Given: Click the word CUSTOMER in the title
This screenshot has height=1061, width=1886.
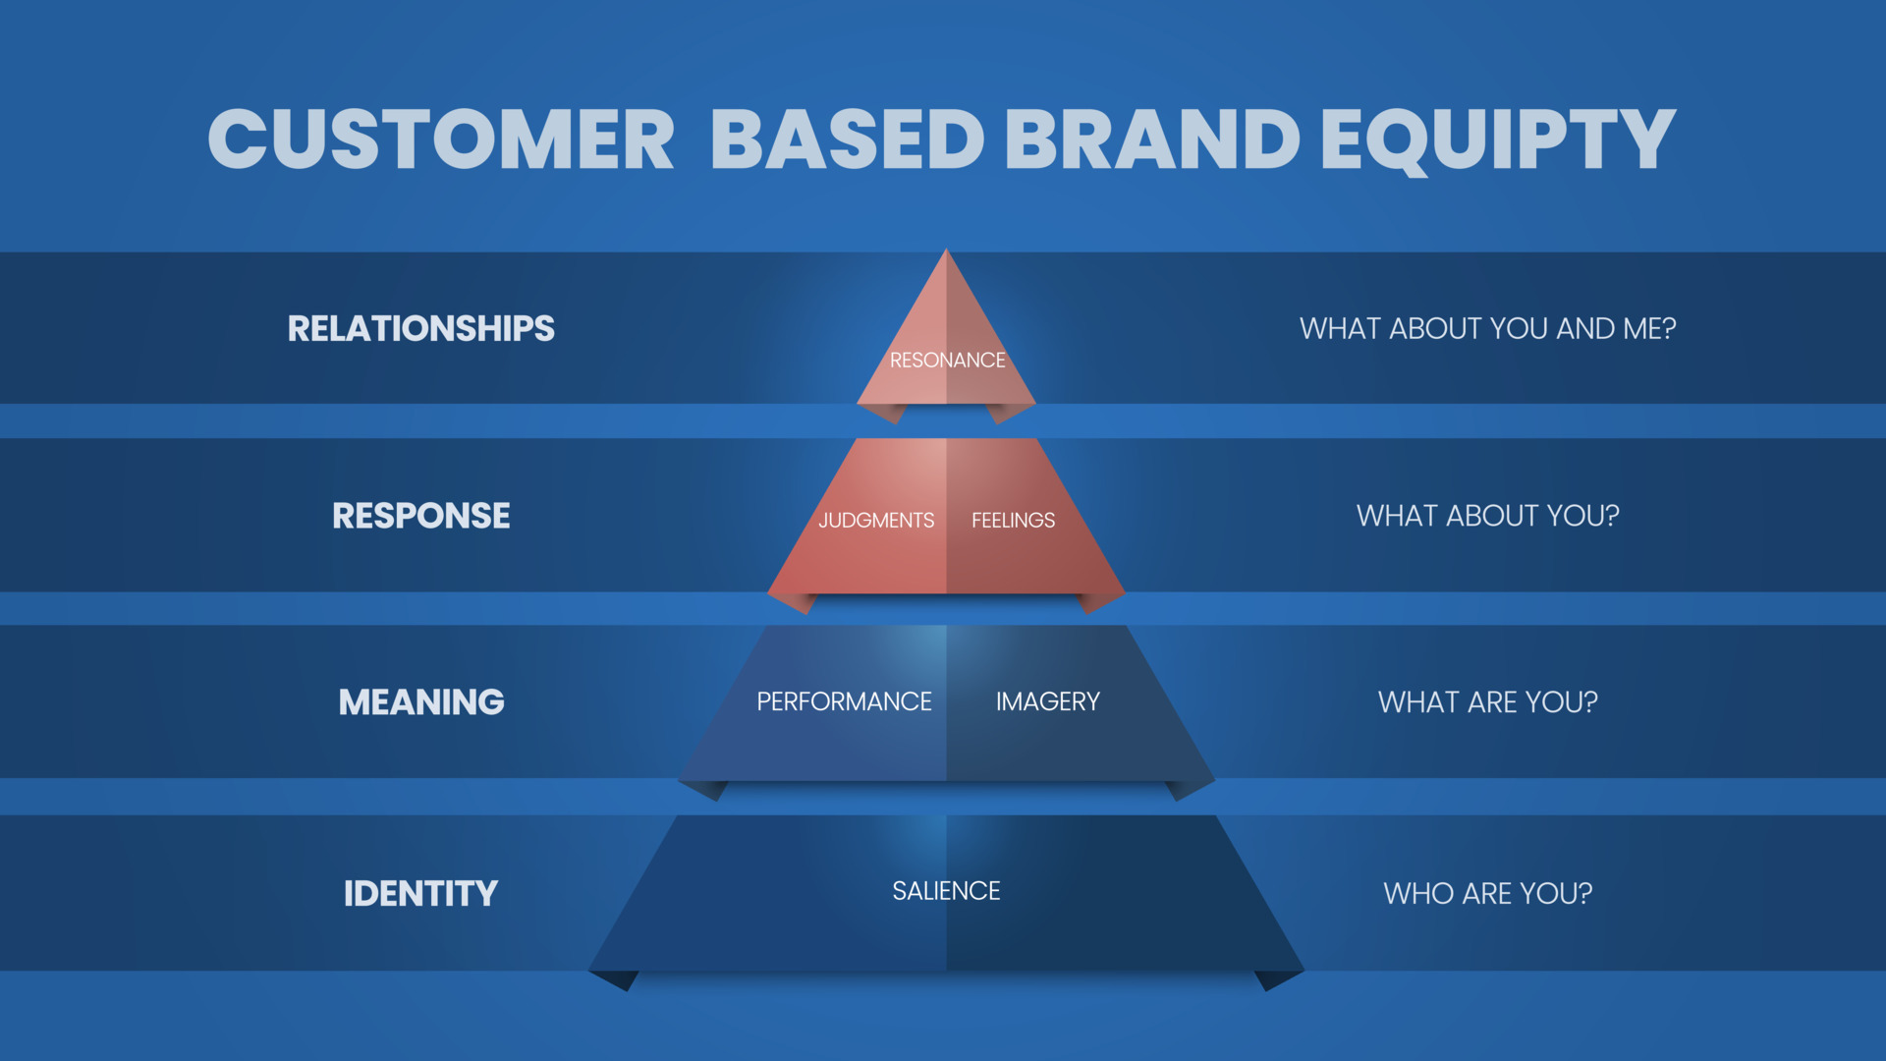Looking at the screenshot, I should click(x=441, y=139).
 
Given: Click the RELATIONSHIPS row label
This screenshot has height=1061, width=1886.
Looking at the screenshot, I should click(x=420, y=328).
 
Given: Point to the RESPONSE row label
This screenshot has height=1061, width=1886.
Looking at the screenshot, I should click(x=420, y=516).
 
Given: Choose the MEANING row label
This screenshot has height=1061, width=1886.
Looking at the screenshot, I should click(x=420, y=702).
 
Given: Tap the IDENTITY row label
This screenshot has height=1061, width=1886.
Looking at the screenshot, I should click(x=420, y=893).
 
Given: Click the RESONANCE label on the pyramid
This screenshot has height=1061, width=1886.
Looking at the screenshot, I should click(x=947, y=361).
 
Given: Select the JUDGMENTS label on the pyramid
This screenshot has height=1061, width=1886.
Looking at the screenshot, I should click(x=876, y=521).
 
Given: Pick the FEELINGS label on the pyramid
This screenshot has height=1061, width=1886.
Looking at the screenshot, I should click(x=1013, y=521).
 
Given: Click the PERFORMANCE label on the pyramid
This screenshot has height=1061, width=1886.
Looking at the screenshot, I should click(x=844, y=701).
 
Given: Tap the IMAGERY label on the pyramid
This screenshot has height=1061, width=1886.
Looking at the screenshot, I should click(x=1047, y=701).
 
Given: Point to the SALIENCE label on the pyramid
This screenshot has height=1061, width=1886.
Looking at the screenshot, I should click(x=946, y=891).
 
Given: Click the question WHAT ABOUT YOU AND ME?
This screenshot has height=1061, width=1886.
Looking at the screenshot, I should click(x=1487, y=328).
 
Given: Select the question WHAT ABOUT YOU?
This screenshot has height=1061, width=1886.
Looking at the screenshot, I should click(x=1487, y=516).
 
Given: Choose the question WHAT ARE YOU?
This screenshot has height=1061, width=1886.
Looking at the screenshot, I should click(x=1487, y=702).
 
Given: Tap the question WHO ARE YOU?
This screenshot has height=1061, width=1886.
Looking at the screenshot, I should click(x=1487, y=893).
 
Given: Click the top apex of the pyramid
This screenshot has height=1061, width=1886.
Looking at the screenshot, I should click(x=946, y=253).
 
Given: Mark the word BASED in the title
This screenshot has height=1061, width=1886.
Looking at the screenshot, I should click(x=847, y=139).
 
